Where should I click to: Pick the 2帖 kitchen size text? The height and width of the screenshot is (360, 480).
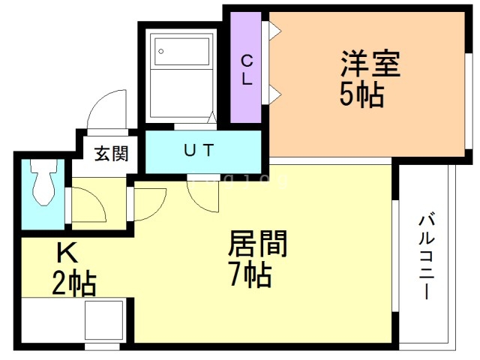(73, 284)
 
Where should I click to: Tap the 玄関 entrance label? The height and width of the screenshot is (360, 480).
(111, 154)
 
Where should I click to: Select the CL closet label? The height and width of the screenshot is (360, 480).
(246, 68)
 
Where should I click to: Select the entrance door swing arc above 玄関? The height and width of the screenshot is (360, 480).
(106, 111)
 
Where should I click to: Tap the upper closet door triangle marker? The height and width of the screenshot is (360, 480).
(274, 30)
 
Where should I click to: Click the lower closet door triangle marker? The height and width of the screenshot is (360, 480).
(274, 93)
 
